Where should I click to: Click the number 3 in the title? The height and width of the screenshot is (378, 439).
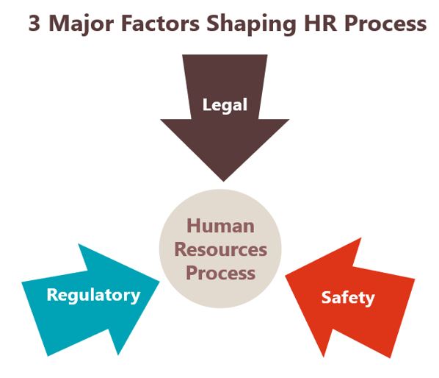(35, 23)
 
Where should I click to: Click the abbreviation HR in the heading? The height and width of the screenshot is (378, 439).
(320, 23)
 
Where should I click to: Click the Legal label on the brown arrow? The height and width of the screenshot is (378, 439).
(225, 106)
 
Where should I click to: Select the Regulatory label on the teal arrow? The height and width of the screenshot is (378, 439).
(93, 296)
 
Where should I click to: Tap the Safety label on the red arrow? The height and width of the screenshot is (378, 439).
(348, 298)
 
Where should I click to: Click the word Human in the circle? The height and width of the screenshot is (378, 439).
(220, 226)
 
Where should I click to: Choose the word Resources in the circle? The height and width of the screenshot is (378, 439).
(220, 249)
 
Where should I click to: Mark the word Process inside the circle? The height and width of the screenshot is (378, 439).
(220, 273)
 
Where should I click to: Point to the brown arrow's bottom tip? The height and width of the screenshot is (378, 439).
(223, 181)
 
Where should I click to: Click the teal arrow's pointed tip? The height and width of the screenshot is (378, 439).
(159, 282)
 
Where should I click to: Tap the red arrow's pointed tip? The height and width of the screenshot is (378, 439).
(285, 276)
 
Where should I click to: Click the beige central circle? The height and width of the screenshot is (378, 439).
(220, 249)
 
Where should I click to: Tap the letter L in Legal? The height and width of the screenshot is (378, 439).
(206, 104)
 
